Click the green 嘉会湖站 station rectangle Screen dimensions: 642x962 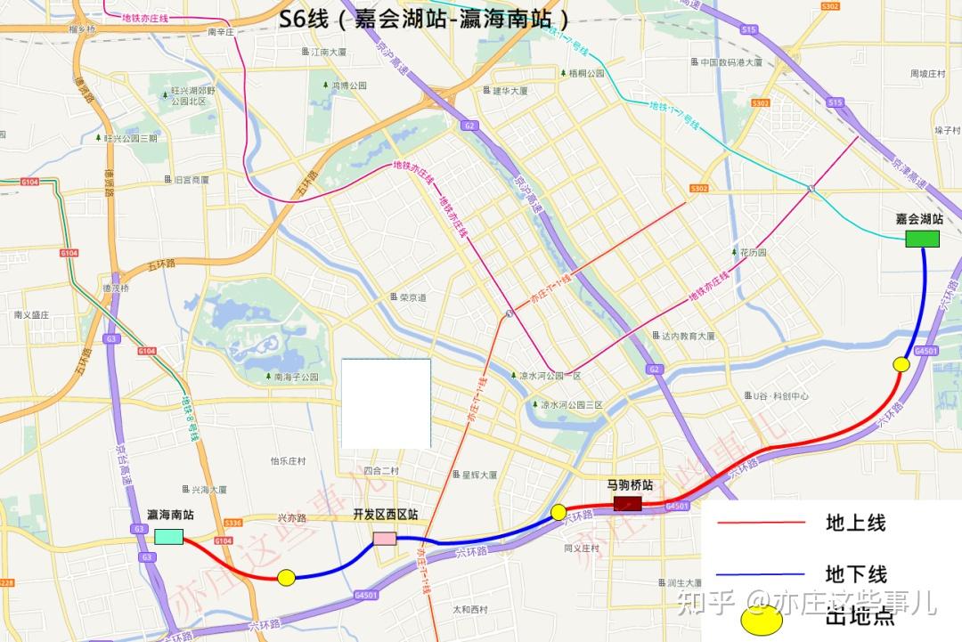(x=922, y=239)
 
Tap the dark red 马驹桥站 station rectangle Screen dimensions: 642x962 (x=627, y=504)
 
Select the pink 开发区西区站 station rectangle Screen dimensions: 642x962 (x=385, y=538)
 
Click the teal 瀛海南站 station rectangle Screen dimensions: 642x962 (x=168, y=537)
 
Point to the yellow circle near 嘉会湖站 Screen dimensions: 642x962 (x=901, y=363)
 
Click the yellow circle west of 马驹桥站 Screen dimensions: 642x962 (x=558, y=512)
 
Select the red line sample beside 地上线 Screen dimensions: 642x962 (x=761, y=523)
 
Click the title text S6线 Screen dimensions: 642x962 (x=304, y=19)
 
